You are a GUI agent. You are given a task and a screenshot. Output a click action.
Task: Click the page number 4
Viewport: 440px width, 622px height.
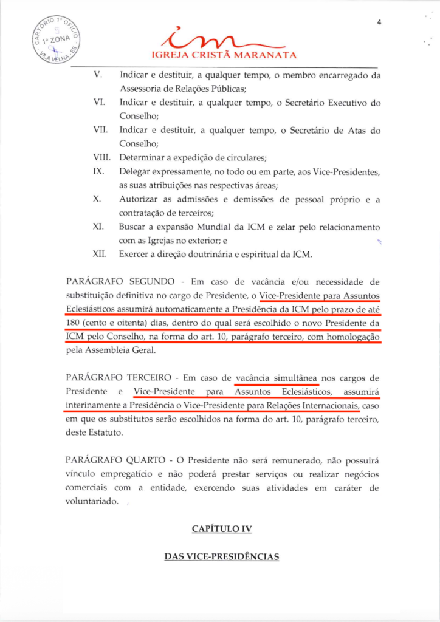[379, 22]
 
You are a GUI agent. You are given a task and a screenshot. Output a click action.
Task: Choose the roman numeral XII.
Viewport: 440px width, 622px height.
[99, 254]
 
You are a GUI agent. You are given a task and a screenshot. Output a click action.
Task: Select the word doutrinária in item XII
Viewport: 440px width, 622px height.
[216, 254]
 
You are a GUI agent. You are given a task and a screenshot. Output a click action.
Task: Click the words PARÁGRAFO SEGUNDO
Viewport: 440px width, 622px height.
[117, 282]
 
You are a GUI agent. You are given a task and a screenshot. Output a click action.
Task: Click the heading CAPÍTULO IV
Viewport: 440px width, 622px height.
[222, 529]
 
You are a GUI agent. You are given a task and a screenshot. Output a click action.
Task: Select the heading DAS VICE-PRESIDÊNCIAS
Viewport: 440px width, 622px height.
[222, 556]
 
